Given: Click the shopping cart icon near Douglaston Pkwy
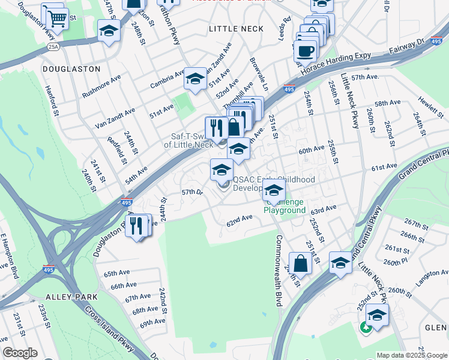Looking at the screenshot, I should (56, 18).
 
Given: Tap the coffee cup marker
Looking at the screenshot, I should (305, 51).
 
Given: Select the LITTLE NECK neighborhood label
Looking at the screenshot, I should (236, 29).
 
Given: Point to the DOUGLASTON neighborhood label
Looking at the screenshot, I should (71, 69).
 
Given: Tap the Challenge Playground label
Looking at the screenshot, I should (284, 207).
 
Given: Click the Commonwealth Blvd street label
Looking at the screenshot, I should (279, 271).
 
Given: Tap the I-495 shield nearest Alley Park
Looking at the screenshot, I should (49, 270).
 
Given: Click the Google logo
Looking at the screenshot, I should (19, 352).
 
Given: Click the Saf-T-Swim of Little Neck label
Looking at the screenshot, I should (188, 140).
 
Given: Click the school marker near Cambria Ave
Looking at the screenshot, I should (195, 79).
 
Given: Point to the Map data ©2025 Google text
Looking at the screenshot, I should (412, 355).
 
